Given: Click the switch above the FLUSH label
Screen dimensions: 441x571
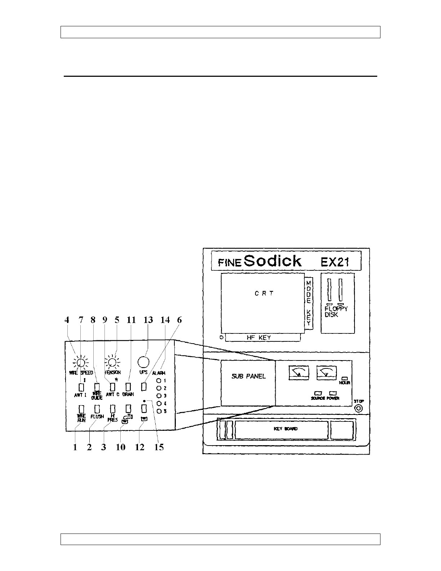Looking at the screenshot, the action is [x=97, y=409].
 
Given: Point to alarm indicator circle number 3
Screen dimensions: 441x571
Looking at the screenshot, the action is [x=159, y=396].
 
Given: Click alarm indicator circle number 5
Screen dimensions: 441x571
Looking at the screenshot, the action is [x=159, y=411].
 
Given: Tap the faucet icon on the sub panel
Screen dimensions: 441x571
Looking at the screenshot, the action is [x=126, y=419].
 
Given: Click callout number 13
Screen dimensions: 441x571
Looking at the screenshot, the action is [x=148, y=320].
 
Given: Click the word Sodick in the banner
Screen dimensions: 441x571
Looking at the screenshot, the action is [x=272, y=261].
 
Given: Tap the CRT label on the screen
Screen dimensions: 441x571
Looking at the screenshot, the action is [x=264, y=293].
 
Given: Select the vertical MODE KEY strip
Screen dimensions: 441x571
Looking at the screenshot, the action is [x=308, y=303].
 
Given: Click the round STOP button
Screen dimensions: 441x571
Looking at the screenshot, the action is [x=358, y=409].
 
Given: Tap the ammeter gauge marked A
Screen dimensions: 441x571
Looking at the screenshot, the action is [x=299, y=372].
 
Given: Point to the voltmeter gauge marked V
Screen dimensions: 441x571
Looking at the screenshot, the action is [x=326, y=372].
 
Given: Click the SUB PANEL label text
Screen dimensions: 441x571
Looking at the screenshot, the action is [x=248, y=376].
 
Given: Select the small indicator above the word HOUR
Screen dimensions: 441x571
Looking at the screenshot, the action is [x=343, y=377].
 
